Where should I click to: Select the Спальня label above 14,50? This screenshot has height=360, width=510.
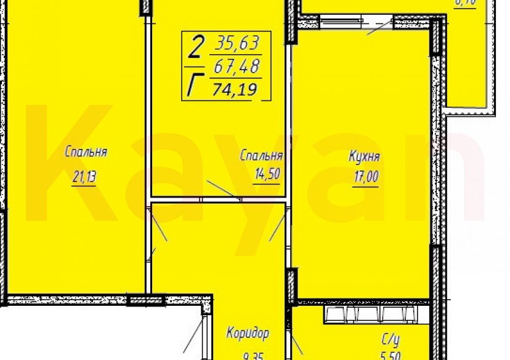tap(261, 156)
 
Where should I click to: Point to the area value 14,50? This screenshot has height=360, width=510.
tap(267, 174)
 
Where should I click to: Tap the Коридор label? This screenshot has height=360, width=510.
tap(248, 334)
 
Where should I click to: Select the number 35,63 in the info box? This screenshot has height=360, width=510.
tap(237, 44)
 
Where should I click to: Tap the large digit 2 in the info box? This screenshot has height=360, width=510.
tap(196, 45)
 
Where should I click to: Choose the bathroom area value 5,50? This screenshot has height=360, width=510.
tap(388, 356)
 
